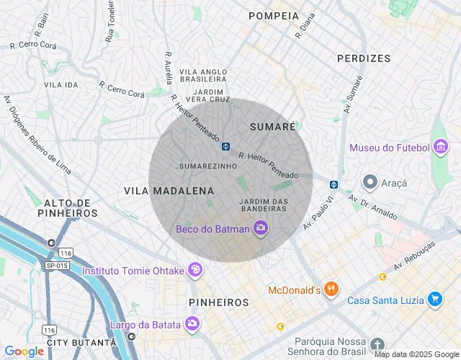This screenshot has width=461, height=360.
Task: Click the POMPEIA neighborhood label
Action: point(273,16)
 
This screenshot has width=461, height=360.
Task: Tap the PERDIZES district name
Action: point(364,58)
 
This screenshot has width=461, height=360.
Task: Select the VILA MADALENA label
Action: point(169,191)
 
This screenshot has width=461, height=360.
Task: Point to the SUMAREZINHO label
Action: point(208,166)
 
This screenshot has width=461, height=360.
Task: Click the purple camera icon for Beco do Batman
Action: point(261,229)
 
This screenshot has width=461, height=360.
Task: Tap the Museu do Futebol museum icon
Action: point(441,148)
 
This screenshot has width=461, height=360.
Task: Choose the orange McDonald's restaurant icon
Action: point(331,289)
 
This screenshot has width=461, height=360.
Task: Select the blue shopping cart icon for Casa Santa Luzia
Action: point(434,300)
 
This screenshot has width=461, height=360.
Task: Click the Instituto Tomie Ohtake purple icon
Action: point(194,271)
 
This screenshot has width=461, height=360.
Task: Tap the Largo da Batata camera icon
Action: point(192,324)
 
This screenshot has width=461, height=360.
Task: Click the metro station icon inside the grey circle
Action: point(225,146)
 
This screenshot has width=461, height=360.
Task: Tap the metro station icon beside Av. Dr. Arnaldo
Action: point(334,184)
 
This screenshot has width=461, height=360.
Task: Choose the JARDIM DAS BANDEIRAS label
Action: point(263,204)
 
